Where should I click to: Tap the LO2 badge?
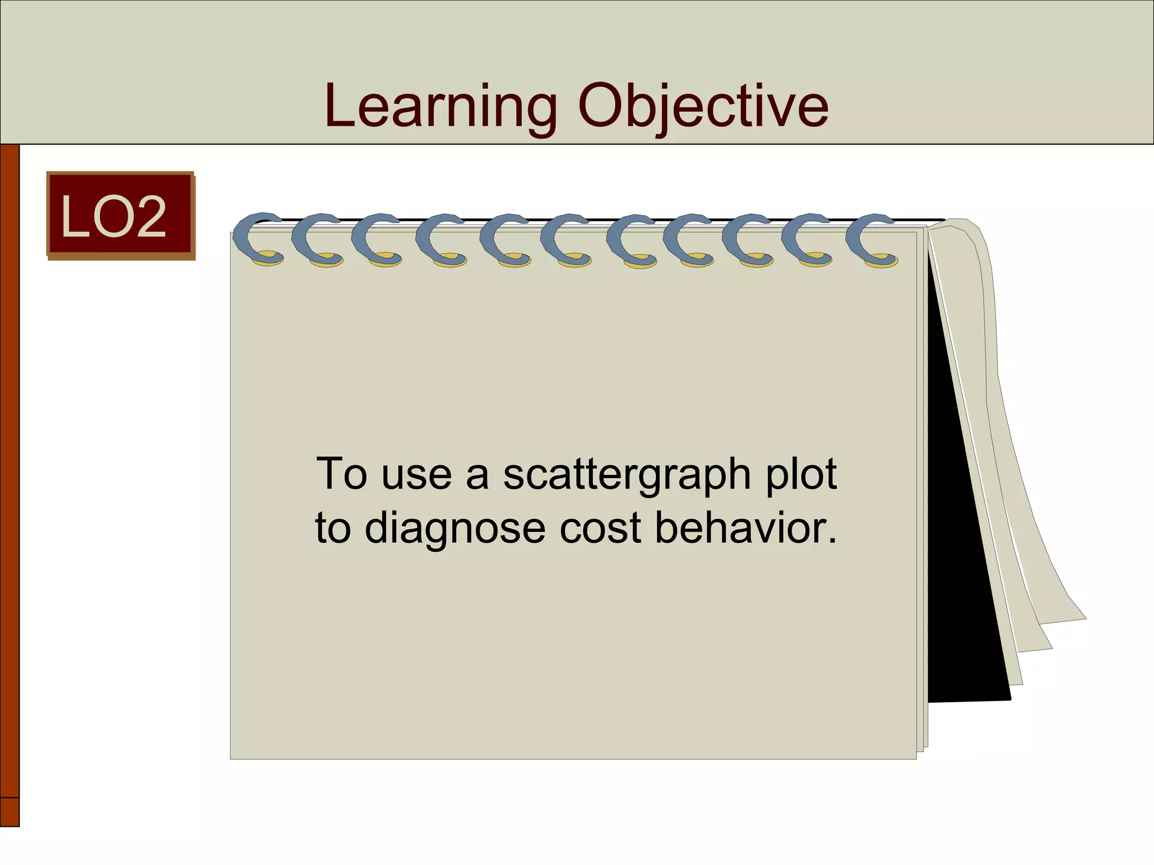(x=121, y=215)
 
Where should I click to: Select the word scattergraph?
(x=627, y=475)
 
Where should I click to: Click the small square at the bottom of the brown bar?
(x=10, y=812)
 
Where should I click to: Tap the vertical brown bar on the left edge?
(x=10, y=451)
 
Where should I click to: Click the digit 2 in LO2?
(x=149, y=216)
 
